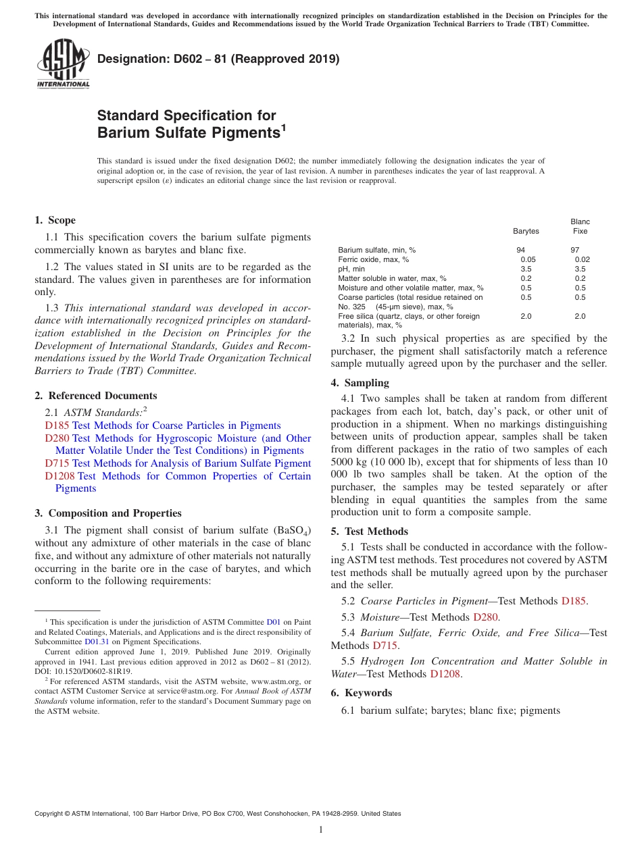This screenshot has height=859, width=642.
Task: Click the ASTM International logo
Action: [63, 63]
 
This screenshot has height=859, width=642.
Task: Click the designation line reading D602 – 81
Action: [218, 59]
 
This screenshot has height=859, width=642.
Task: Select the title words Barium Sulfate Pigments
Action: [189, 133]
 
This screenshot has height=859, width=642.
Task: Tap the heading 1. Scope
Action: [55, 220]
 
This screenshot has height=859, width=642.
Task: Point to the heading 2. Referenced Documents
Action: [95, 396]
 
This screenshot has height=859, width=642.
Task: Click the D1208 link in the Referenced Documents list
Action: [59, 476]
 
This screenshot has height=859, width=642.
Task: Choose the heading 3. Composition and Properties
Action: [107, 513]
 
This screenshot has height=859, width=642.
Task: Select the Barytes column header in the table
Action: [526, 231]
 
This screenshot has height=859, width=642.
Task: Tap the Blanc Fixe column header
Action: [580, 226]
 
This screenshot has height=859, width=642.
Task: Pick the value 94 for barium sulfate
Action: [520, 250]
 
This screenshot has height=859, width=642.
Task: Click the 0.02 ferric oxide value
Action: [582, 259]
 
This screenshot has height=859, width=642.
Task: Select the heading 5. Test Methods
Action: [369, 531]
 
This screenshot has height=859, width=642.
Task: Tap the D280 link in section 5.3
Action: [485, 617]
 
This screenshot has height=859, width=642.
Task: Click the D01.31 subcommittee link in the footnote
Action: [97, 642]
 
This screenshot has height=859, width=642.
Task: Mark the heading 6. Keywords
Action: [361, 693]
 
